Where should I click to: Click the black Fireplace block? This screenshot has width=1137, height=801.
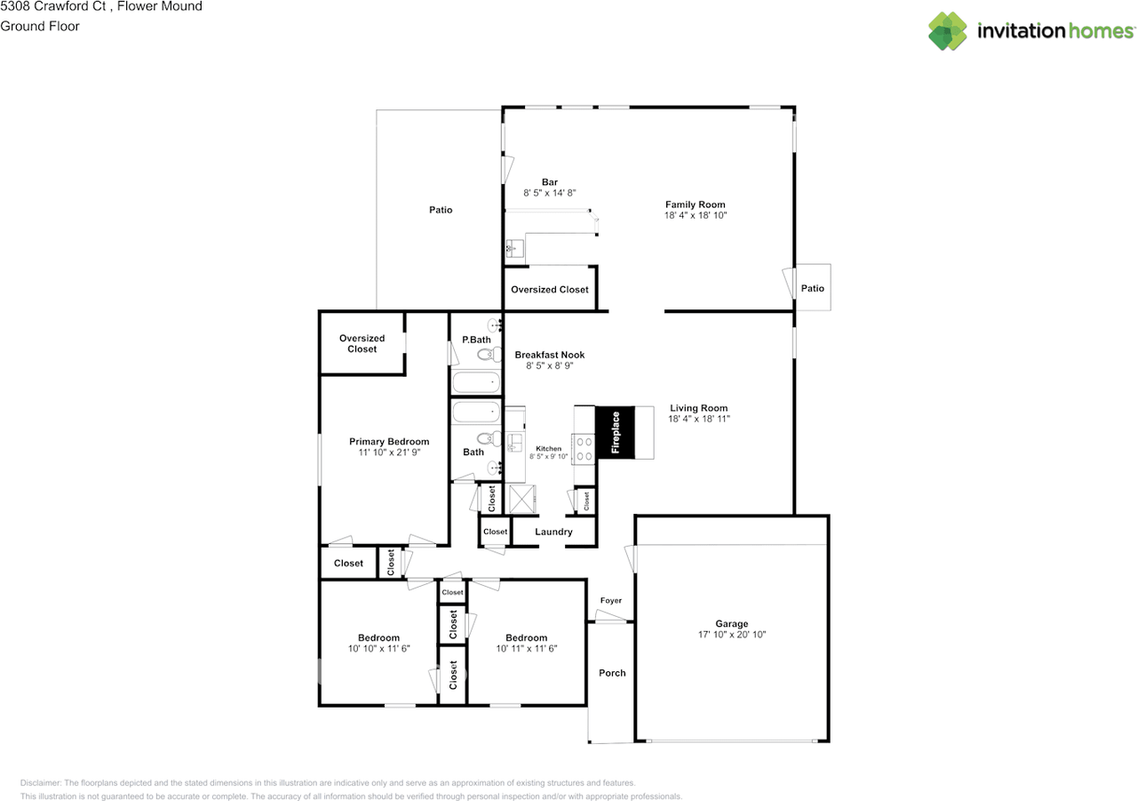click(616, 432)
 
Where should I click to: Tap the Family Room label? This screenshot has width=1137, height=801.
click(695, 204)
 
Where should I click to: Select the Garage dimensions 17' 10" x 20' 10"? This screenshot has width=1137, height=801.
click(731, 635)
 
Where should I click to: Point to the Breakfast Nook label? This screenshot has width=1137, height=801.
click(550, 355)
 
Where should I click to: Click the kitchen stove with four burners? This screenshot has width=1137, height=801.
click(584, 449)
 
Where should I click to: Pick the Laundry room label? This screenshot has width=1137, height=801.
click(553, 532)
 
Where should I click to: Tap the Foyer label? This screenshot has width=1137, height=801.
click(610, 600)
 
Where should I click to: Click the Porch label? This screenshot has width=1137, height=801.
click(612, 673)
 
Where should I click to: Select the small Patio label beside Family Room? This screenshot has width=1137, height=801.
click(812, 289)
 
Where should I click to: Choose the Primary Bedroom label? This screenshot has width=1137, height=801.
click(389, 442)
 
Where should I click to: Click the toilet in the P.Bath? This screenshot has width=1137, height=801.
click(489, 354)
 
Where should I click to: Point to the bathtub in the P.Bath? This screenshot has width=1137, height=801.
click(476, 382)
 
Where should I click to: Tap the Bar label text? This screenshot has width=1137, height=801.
click(550, 182)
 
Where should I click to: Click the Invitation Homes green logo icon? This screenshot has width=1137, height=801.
click(948, 31)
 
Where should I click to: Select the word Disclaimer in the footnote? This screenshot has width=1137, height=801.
click(41, 782)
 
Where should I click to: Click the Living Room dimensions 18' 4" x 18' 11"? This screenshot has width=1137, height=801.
click(699, 419)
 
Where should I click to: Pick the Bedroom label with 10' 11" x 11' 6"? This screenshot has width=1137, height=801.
click(527, 638)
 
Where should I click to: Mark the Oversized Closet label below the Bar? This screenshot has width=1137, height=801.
click(550, 290)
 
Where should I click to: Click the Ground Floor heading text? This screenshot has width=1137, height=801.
click(40, 27)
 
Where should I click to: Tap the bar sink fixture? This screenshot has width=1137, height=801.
click(514, 249)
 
